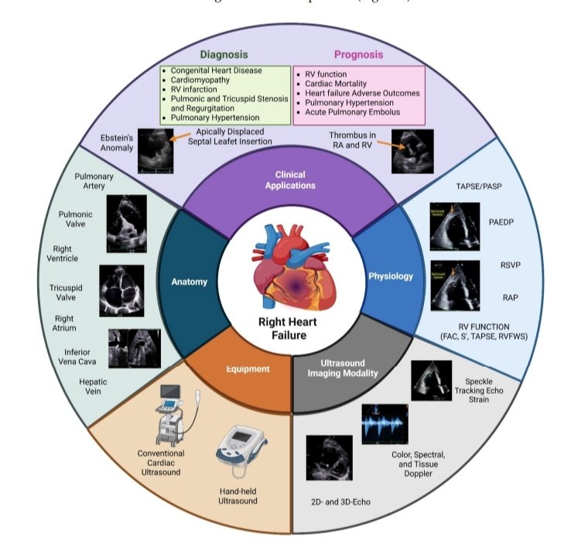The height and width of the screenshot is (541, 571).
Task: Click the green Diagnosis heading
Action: [x=224, y=55]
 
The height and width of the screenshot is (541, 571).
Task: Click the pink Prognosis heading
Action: [x=359, y=55]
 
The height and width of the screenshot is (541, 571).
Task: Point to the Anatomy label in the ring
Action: [x=189, y=282]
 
